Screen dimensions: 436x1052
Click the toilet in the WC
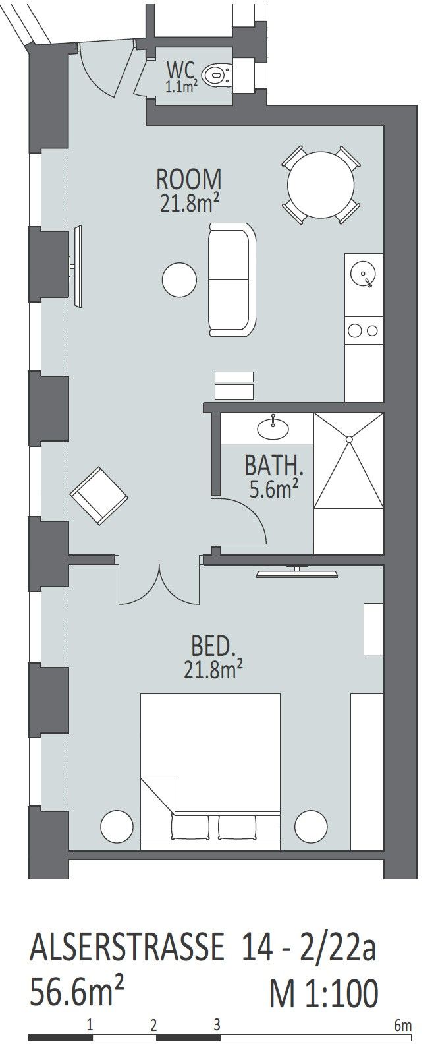pyautogui.click(x=217, y=74)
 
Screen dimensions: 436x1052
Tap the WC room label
pyautogui.click(x=180, y=71)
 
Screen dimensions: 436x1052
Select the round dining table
pyautogui.click(x=321, y=184)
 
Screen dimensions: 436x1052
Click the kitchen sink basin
pyautogui.click(x=364, y=274)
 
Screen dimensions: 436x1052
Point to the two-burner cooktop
pyautogui.click(x=364, y=330)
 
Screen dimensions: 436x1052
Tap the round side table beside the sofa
pyautogui.click(x=179, y=279)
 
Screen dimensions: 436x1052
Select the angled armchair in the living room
pyautogui.click(x=99, y=496)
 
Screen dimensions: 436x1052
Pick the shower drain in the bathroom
pyautogui.click(x=348, y=438)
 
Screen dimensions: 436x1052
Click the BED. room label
pyautogui.click(x=213, y=646)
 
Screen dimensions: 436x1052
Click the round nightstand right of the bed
pyautogui.click(x=311, y=827)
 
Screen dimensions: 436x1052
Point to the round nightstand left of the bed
pyautogui.click(x=117, y=827)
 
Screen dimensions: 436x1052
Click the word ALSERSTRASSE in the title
pyautogui.click(x=127, y=947)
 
